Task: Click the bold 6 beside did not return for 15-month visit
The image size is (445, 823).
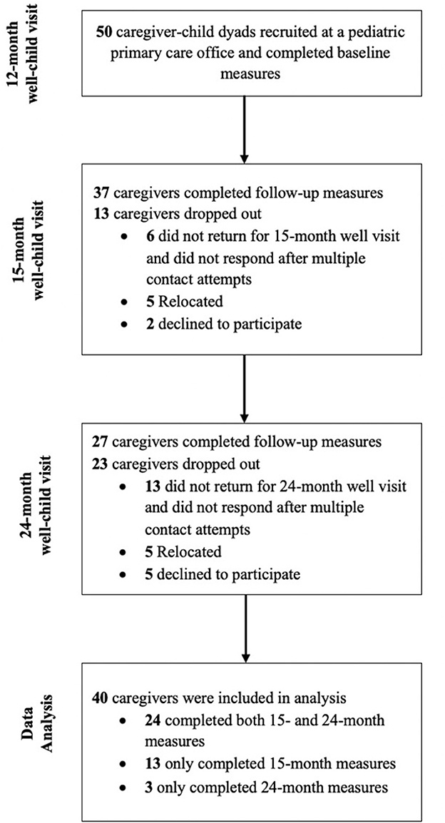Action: point(150,236)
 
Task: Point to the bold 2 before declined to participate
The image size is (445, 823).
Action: point(150,324)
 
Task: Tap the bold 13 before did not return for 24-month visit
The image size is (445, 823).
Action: point(153,486)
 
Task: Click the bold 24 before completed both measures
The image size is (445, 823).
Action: point(153,720)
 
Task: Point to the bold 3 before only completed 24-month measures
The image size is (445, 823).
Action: point(150,787)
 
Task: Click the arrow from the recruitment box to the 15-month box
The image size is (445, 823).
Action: point(244,128)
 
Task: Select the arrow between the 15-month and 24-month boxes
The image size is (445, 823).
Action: point(244,389)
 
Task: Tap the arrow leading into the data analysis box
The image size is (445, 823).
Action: point(244,628)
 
